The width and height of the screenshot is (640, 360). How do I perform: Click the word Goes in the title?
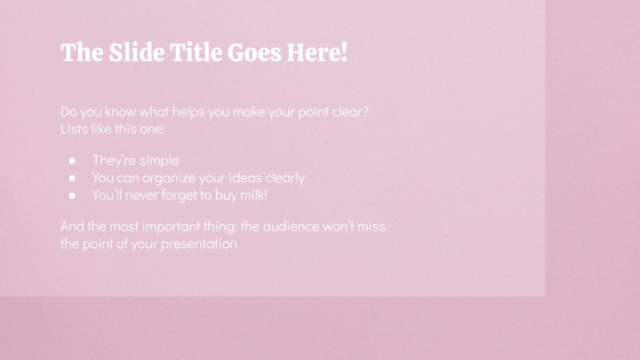tap(254, 53)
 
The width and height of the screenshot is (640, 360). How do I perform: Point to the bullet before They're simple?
tap(73, 161)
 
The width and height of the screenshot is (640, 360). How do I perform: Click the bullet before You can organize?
tap(73, 178)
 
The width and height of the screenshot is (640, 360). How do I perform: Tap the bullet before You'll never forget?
tap(73, 195)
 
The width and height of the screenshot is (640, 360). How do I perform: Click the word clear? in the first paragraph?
tap(350, 111)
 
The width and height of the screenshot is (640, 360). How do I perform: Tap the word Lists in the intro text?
tap(73, 129)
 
